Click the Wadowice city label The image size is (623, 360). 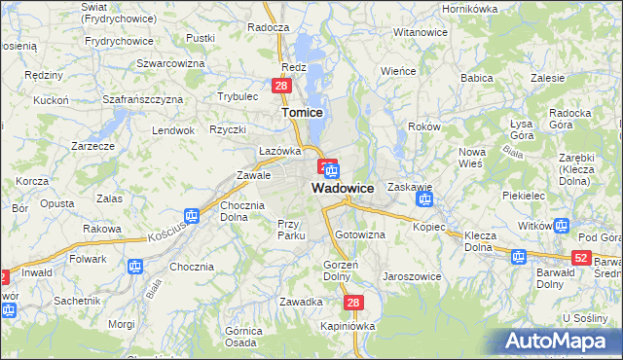click(x=343, y=188)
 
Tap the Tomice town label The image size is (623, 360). click(x=302, y=113)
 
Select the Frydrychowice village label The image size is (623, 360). click(x=119, y=41)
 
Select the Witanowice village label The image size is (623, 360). click(x=420, y=32)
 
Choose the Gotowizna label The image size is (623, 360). click(x=360, y=235)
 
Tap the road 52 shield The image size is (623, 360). click(x=581, y=257)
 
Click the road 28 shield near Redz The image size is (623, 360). click(x=280, y=87)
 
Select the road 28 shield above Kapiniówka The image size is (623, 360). click(x=353, y=304)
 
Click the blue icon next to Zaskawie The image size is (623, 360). click(x=424, y=200)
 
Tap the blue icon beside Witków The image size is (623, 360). click(x=561, y=227)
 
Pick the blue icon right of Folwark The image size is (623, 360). click(x=134, y=266)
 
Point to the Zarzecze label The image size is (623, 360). click(x=93, y=146)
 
